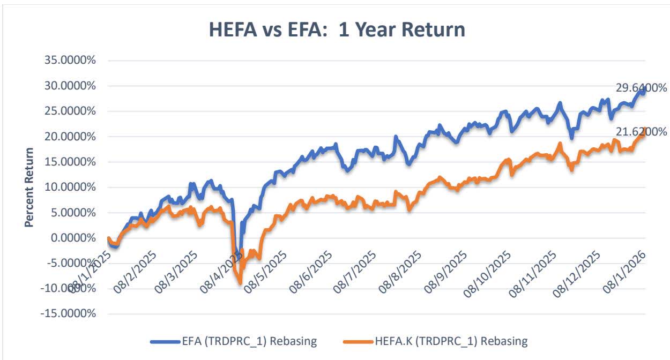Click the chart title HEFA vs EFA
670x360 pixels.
pyautogui.click(x=337, y=29)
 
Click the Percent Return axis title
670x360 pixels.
pyautogui.click(x=29, y=187)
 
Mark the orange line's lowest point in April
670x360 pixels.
pyautogui.click(x=240, y=282)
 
